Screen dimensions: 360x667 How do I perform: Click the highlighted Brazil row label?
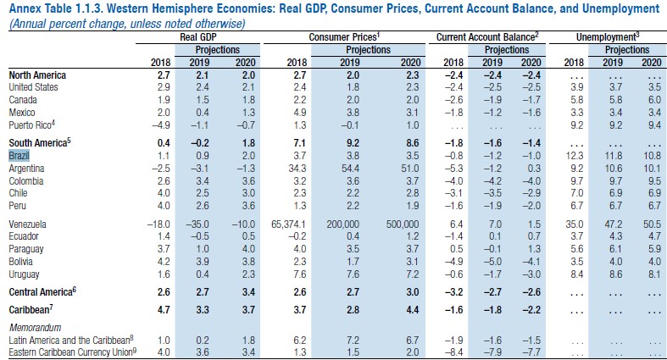tap(19, 156)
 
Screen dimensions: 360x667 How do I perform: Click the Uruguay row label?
tap(25, 274)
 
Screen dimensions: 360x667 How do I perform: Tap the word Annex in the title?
tap(23, 9)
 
